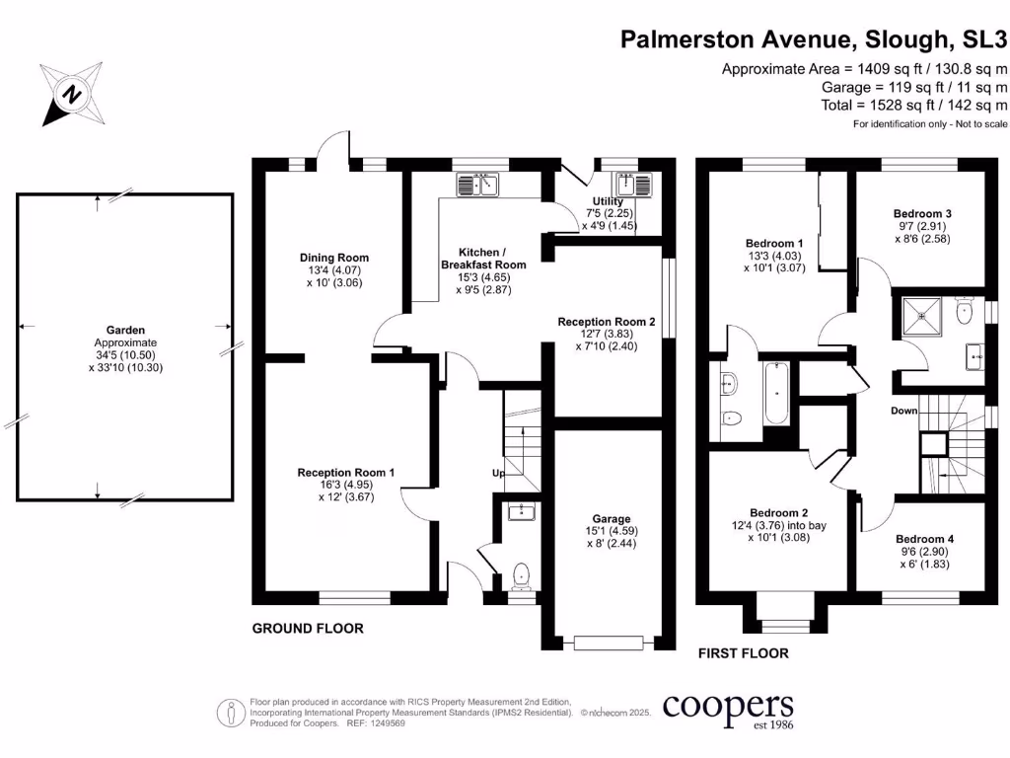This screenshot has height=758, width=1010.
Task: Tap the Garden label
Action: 125,330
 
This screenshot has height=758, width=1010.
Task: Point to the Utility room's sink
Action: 629,185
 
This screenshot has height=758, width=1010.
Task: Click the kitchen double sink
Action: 479,185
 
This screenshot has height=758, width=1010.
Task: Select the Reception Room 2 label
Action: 607,322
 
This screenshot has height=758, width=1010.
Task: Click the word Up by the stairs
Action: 499,474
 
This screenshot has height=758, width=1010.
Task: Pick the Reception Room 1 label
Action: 346,473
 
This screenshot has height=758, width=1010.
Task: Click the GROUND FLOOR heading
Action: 308,629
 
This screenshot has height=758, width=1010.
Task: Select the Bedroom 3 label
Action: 922,213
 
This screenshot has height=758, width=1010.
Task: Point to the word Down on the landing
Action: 903,411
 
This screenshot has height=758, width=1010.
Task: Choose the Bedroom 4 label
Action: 924,539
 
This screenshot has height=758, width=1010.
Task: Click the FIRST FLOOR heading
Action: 743,653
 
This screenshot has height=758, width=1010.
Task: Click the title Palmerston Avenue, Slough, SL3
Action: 814,39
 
